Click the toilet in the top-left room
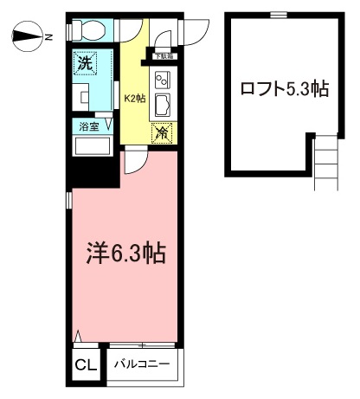(x=89, y=29)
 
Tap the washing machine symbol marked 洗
(x=85, y=63)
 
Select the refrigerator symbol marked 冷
(x=162, y=133)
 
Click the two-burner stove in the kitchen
(x=163, y=80)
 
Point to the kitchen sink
(x=163, y=105)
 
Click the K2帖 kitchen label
(x=135, y=99)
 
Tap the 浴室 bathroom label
(x=89, y=126)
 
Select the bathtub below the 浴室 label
(x=93, y=146)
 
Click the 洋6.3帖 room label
(x=126, y=253)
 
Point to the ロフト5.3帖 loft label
(x=285, y=88)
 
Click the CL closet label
(x=86, y=365)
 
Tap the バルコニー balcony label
(x=142, y=364)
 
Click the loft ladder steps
(x=326, y=163)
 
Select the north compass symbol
(x=28, y=36)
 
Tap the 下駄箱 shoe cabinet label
(x=164, y=56)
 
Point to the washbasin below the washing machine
(x=80, y=97)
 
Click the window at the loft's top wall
(x=279, y=15)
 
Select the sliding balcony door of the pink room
(x=142, y=344)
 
